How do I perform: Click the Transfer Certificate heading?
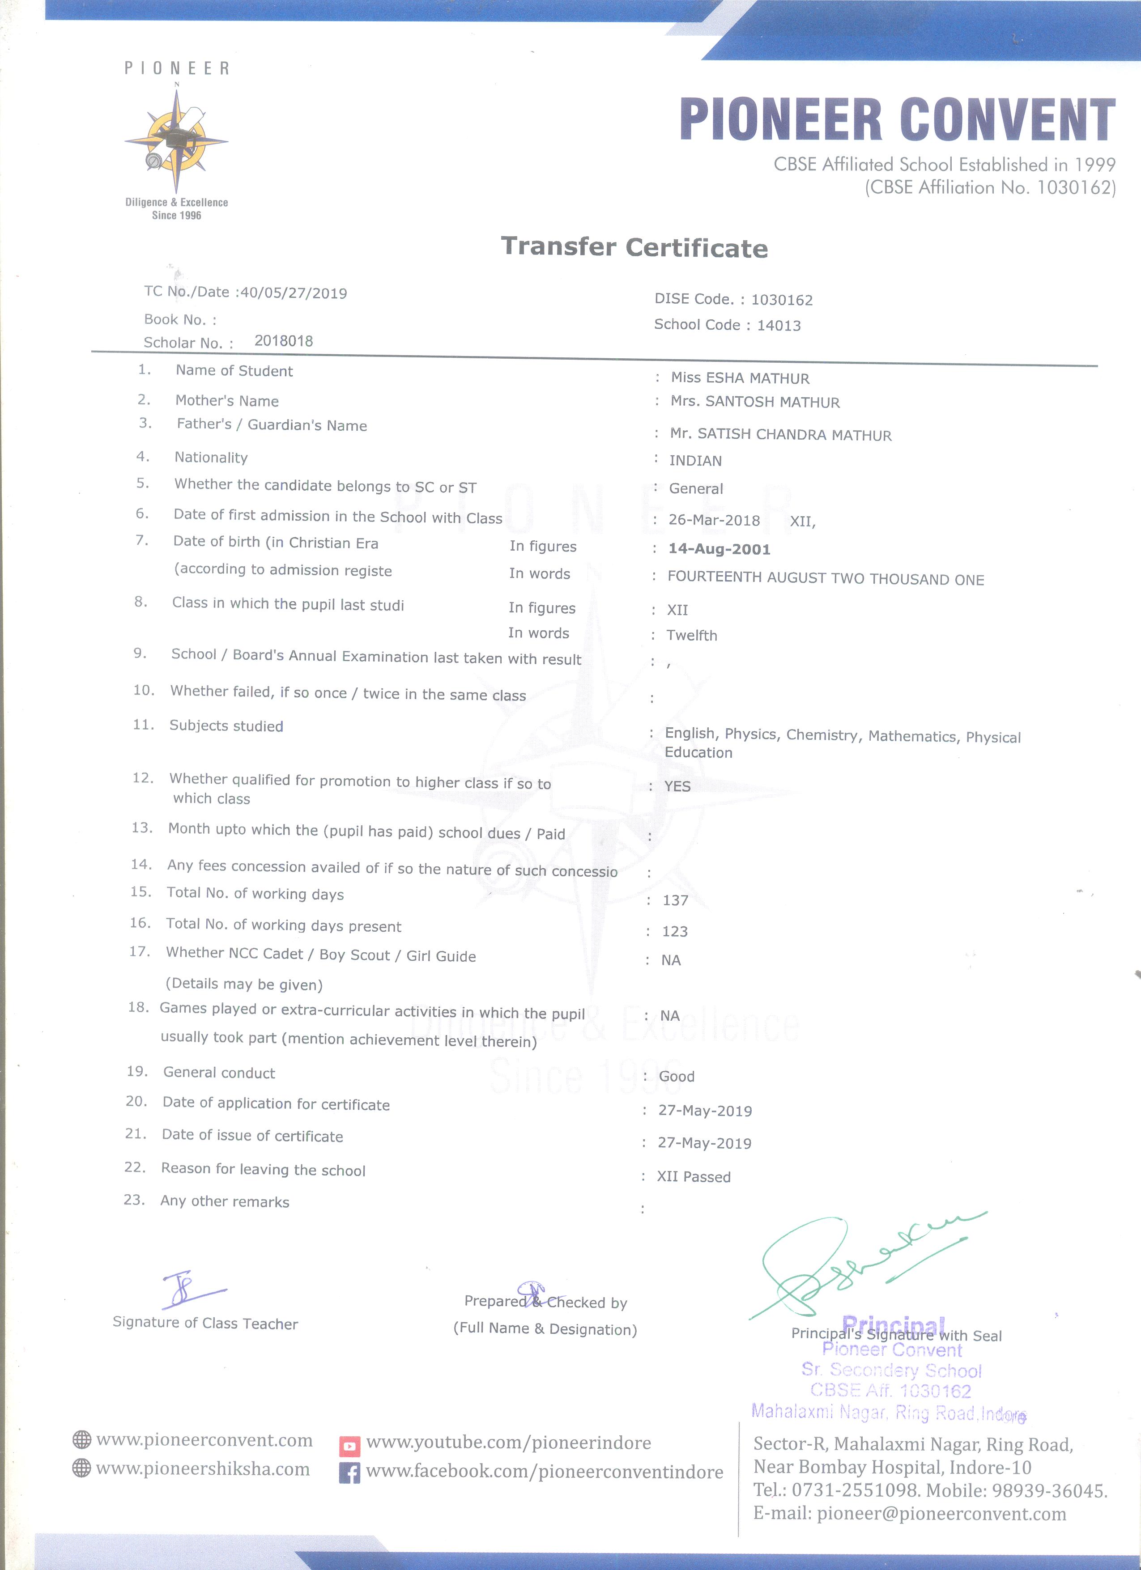coord(634,247)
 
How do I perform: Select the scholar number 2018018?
coord(283,340)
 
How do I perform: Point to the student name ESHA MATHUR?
coord(758,378)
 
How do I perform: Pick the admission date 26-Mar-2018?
coord(714,520)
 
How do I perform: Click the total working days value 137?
coord(675,900)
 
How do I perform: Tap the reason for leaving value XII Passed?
coord(693,1177)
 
